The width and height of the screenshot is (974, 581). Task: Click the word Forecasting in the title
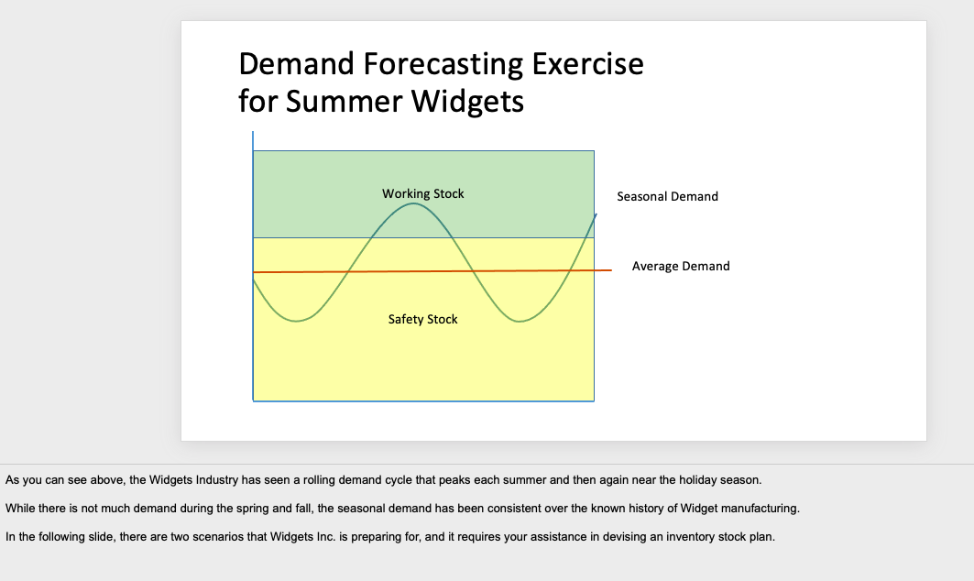[x=443, y=65]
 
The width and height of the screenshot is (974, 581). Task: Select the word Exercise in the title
[x=587, y=63]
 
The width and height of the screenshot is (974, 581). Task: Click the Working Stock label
[x=423, y=194]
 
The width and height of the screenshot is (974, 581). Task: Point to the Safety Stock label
[x=423, y=320]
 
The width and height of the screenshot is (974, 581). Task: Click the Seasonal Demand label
[x=667, y=196]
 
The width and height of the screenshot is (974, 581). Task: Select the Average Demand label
[x=681, y=266]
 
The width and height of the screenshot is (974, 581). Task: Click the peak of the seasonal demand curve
[x=413, y=203]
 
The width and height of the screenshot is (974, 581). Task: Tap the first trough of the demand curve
[x=296, y=321]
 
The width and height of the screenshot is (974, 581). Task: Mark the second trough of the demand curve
[x=520, y=322]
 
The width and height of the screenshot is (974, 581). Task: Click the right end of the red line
[x=612, y=269]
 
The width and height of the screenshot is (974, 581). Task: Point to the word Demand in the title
[x=296, y=63]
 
